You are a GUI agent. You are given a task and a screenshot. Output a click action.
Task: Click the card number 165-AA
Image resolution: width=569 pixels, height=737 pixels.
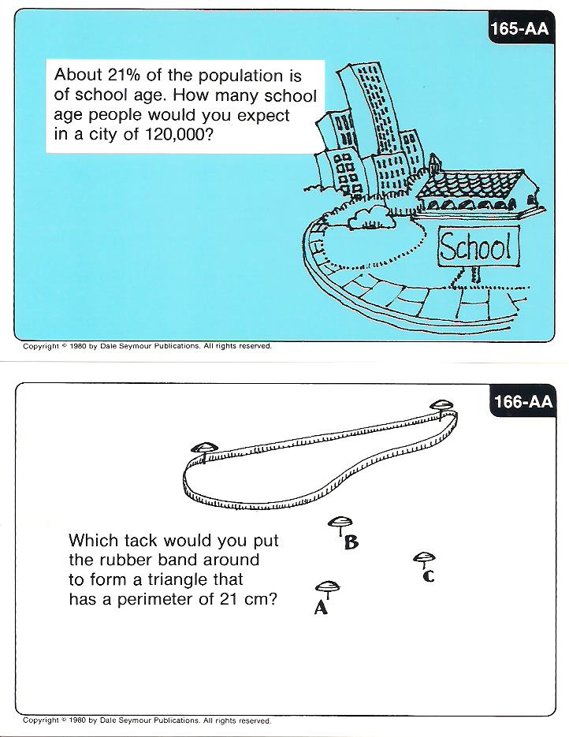coord(519,29)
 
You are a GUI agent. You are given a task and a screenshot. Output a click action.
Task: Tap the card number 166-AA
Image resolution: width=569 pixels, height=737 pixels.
coord(523,401)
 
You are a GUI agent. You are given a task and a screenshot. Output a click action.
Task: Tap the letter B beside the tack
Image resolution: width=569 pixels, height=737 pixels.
coord(351,542)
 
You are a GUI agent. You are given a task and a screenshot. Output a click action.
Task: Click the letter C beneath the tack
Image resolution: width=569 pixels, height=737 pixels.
coord(428,575)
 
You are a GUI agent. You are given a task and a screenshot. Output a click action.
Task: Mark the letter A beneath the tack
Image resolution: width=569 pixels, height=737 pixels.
coord(321,608)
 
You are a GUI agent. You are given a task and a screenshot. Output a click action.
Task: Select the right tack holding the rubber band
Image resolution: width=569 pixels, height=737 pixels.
coord(441,406)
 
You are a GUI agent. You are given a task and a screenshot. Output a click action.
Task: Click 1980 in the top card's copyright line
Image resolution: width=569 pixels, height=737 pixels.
coord(77,346)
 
